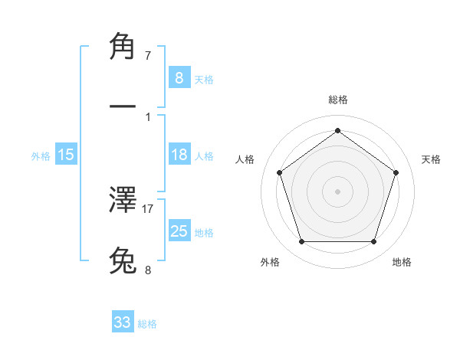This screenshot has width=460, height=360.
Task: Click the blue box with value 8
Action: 179,77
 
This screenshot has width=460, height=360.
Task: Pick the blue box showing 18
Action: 179,155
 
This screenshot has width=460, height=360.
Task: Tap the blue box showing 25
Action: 179,231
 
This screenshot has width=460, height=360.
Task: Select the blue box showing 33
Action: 123,322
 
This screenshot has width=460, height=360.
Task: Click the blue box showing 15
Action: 66,155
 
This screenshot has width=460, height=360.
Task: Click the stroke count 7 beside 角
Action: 148,56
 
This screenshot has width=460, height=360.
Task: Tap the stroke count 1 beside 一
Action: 148,116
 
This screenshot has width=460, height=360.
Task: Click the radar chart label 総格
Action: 338,100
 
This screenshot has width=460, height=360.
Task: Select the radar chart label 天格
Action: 431,159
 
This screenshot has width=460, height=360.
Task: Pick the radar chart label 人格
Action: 245,159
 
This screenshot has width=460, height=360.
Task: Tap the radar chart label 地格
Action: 402,262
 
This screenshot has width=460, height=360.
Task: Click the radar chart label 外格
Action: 270,262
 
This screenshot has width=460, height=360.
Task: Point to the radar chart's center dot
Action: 338,191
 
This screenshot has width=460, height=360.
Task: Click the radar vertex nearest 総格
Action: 338,130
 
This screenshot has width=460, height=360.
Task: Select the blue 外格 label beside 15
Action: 41,155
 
